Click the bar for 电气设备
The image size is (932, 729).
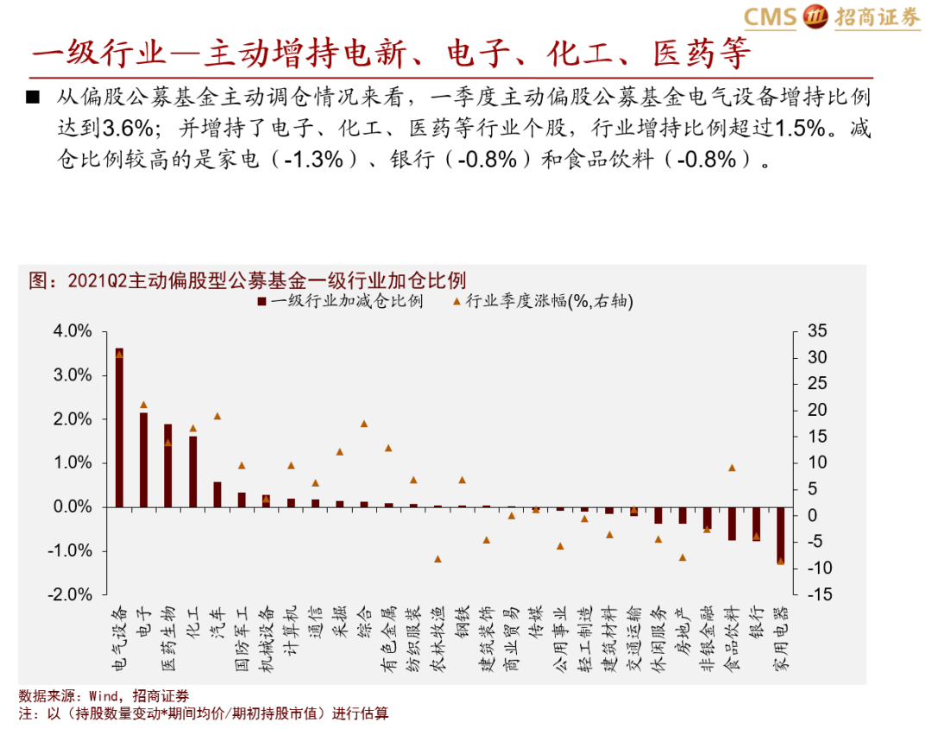119,427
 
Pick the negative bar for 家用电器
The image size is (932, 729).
780,535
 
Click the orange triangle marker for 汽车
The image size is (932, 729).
217,416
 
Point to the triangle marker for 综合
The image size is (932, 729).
364,424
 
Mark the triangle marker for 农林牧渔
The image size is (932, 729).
438,559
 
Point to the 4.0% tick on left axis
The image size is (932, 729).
72,331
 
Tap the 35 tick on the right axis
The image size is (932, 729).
816,331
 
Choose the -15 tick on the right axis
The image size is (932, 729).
818,595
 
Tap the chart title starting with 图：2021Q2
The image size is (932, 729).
246,280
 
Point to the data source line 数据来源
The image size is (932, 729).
104,696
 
